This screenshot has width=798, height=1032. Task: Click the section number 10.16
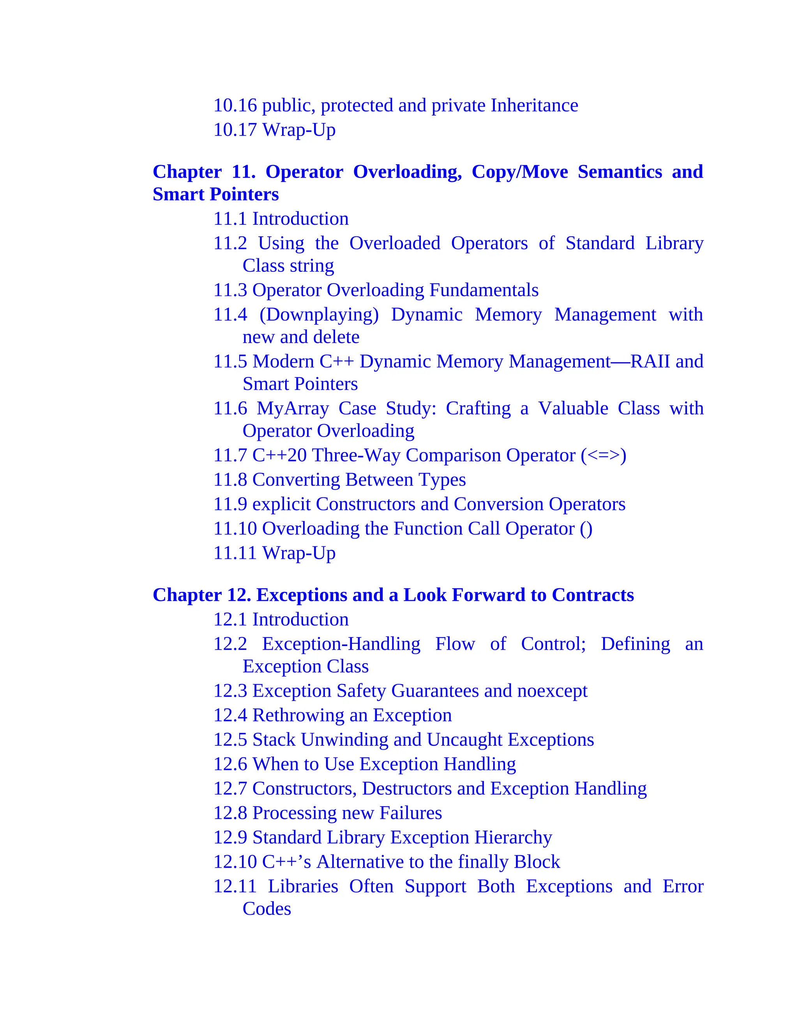point(235,106)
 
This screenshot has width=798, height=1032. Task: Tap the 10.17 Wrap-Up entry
point(274,130)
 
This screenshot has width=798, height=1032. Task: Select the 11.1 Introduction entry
point(281,219)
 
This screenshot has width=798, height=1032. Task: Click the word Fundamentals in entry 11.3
point(484,290)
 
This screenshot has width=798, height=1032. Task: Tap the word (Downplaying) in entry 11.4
point(319,315)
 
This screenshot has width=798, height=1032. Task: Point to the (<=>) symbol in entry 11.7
point(603,456)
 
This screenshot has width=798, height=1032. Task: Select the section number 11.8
point(230,480)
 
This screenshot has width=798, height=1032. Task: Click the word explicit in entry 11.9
point(281,504)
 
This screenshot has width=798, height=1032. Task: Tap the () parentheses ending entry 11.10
point(586,529)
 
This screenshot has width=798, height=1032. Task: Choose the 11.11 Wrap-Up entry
point(274,553)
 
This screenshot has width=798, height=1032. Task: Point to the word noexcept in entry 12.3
point(552,691)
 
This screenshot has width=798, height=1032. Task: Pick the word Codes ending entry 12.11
point(267,909)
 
